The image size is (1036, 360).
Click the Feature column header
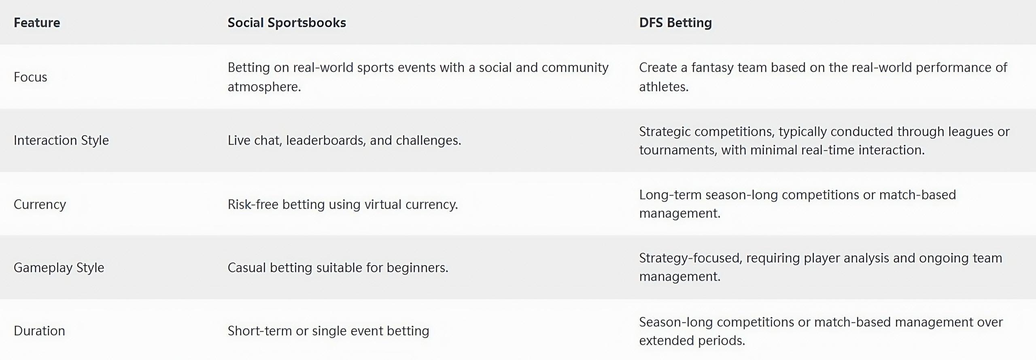[37, 22]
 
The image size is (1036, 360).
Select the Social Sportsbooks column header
[287, 23]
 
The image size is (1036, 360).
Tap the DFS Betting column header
[675, 23]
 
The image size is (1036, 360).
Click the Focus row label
[30, 77]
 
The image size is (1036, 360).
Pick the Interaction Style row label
[61, 140]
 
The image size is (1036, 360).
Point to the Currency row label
[40, 204]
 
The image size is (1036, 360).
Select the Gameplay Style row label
[59, 268]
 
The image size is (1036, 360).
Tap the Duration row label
[39, 331]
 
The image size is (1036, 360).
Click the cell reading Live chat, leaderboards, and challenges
[344, 141]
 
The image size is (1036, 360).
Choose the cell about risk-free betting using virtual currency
[343, 204]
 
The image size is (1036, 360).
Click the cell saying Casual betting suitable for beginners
[338, 268]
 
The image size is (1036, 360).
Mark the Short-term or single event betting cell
[328, 331]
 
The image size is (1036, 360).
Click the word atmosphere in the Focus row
[264, 87]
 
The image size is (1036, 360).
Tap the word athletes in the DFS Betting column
[664, 87]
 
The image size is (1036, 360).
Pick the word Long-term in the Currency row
[670, 195]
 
